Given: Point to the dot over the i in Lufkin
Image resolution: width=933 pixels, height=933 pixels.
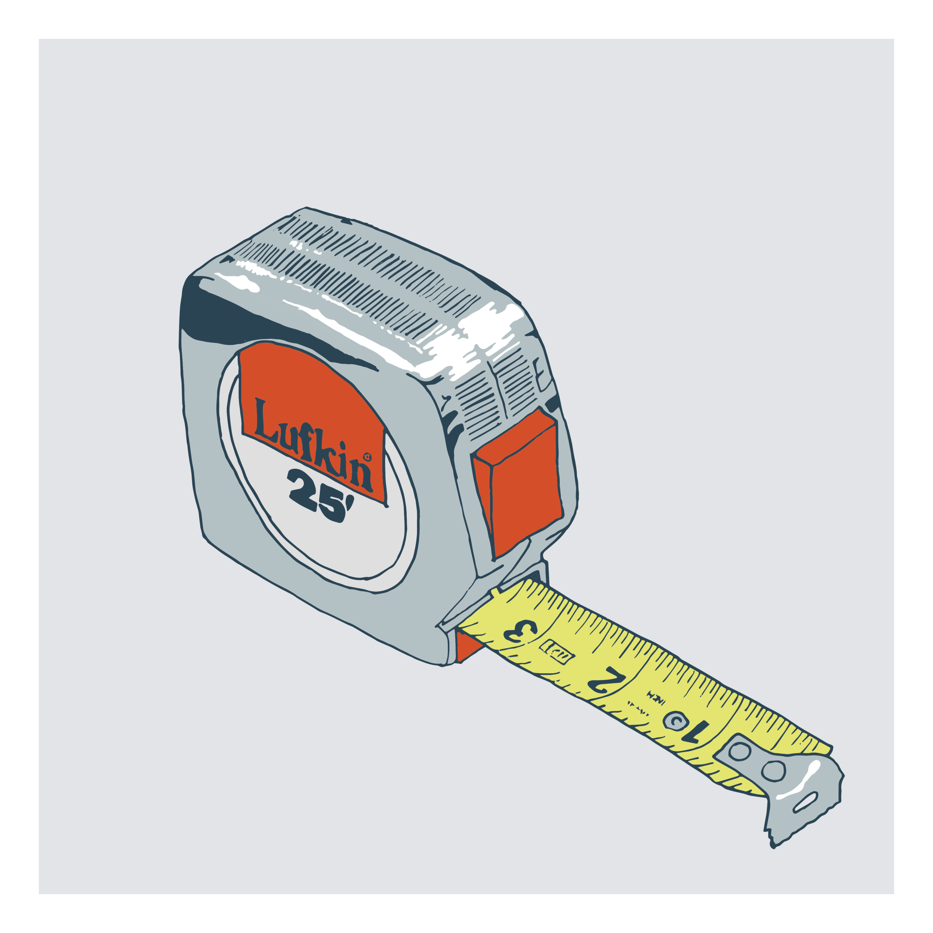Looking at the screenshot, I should (x=342, y=445).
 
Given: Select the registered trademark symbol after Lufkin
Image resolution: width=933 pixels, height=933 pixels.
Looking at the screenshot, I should (x=367, y=456).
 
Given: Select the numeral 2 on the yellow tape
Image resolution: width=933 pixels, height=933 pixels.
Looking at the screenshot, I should (x=606, y=681).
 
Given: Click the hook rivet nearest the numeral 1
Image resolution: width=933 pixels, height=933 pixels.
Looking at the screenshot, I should (x=739, y=752).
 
